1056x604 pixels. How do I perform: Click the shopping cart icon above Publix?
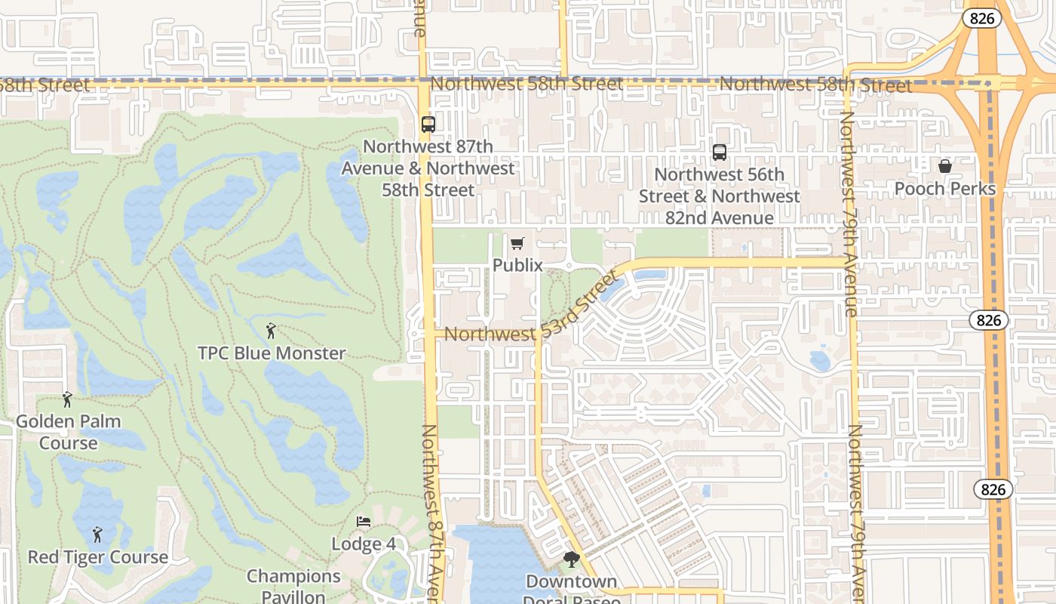point(517,243)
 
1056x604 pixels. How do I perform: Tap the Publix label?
point(517,265)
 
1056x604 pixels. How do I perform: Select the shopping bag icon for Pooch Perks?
point(945,166)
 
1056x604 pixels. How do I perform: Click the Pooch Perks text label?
point(945,189)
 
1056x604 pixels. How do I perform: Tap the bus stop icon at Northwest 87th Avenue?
point(428,125)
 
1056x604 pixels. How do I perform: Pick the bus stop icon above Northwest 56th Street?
point(720,153)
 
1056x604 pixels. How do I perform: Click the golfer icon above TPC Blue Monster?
point(271,331)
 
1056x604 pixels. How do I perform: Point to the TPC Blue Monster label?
point(272,353)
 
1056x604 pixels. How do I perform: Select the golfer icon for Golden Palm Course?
point(68,399)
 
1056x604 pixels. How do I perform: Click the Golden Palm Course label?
point(69,432)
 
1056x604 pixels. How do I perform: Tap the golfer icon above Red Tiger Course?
point(97,535)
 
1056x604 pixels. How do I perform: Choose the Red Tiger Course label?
point(98,557)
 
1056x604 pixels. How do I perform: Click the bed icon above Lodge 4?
point(364,522)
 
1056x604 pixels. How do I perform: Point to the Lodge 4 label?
point(364,544)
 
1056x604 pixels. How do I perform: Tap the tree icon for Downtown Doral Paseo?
point(572,559)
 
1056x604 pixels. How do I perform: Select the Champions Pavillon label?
point(294,586)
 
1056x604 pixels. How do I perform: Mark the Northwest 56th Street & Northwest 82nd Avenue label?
point(720,196)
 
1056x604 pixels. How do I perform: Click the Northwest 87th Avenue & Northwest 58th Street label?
point(428,168)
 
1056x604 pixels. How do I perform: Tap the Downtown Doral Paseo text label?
point(572,590)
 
